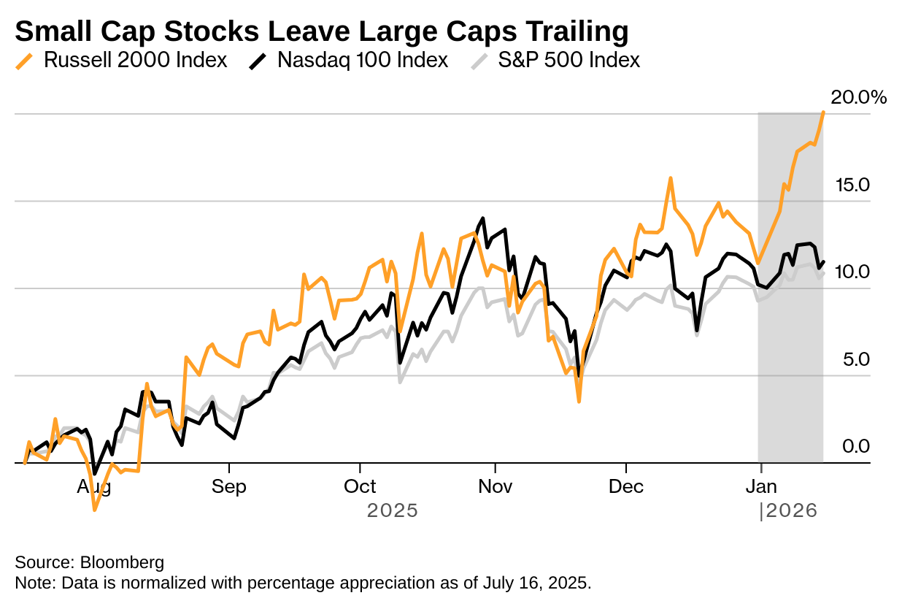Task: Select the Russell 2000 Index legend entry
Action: pyautogui.click(x=135, y=60)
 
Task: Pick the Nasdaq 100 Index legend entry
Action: pyautogui.click(x=362, y=60)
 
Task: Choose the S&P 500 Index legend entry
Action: pyautogui.click(x=568, y=60)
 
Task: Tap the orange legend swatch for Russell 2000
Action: pyautogui.click(x=24, y=61)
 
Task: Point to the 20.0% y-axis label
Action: pyautogui.click(x=858, y=97)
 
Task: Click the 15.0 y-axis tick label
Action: pyautogui.click(x=852, y=185)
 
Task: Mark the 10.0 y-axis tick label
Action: pyautogui.click(x=852, y=272)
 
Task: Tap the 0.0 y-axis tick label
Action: pyautogui.click(x=855, y=446)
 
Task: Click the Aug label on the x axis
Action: pyautogui.click(x=93, y=486)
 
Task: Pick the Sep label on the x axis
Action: pyautogui.click(x=229, y=486)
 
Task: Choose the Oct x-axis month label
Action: pyautogui.click(x=360, y=486)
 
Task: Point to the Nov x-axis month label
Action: pyautogui.click(x=495, y=486)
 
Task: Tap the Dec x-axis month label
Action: pyautogui.click(x=625, y=486)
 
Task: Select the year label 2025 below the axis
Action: pyautogui.click(x=392, y=510)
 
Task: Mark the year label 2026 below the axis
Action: pyautogui.click(x=790, y=511)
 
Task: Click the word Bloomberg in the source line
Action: pyautogui.click(x=122, y=563)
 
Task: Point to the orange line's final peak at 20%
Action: pyautogui.click(x=823, y=112)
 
